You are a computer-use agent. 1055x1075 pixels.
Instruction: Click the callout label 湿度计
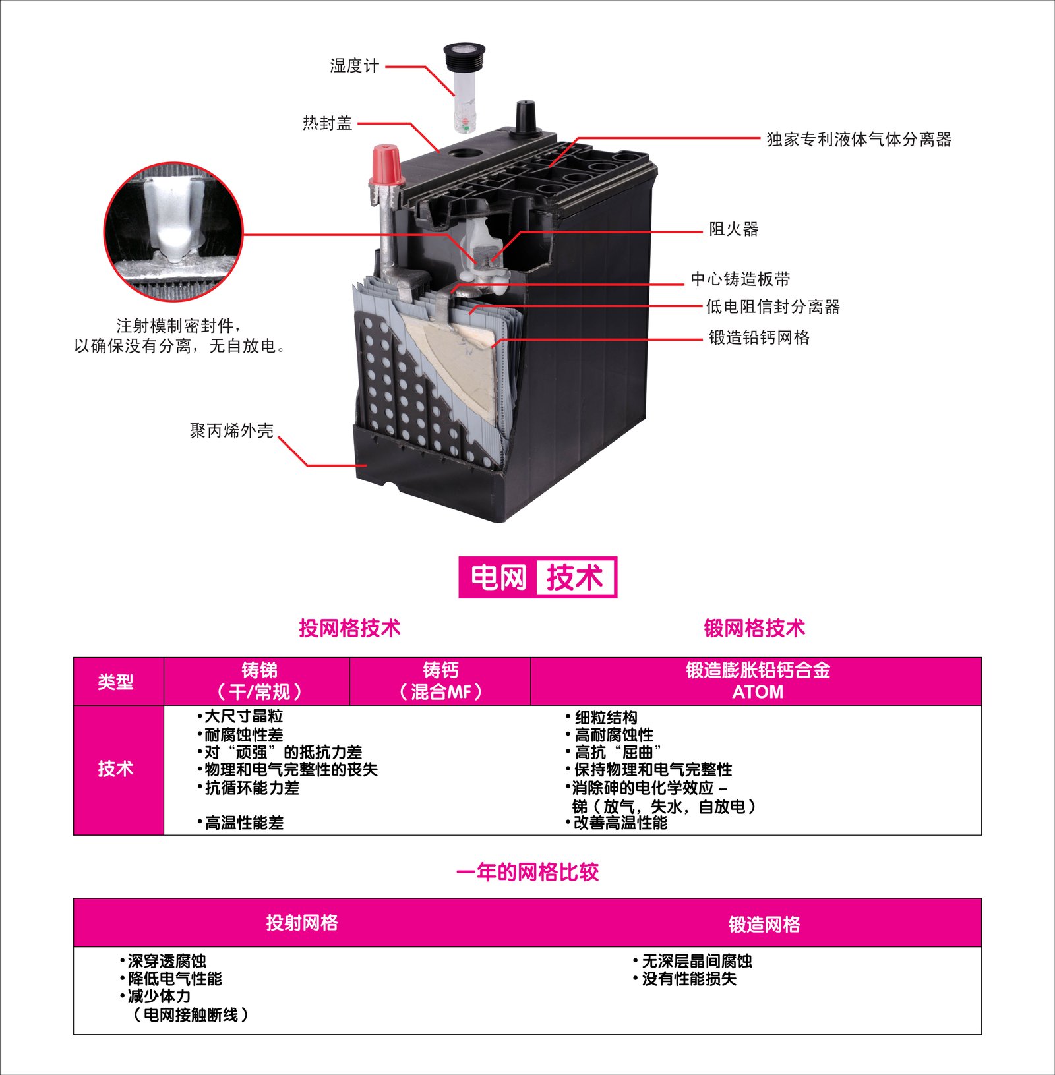coord(355,66)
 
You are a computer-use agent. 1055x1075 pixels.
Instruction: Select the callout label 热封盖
coord(328,123)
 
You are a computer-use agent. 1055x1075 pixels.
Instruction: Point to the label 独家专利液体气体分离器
coord(859,140)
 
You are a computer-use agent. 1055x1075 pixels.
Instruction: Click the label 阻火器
coord(734,229)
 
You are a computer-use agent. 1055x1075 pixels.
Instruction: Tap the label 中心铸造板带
coord(740,279)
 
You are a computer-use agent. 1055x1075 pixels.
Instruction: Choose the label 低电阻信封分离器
coord(773,307)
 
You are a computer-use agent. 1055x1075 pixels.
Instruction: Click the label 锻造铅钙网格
coord(759,338)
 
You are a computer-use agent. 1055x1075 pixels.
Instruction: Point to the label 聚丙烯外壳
coord(231,431)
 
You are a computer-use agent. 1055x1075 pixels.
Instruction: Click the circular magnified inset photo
coord(174,232)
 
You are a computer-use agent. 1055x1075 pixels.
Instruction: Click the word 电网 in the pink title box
coord(498,578)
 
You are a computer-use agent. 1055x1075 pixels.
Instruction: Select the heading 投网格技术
coord(349,628)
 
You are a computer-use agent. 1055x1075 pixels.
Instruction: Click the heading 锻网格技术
coord(754,628)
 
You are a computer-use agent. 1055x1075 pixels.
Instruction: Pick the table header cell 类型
coord(116,682)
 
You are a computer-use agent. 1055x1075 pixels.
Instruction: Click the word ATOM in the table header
coord(758,692)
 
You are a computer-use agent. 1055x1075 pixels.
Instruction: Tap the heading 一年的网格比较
coord(527,873)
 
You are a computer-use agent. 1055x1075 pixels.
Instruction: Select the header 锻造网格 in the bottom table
coord(764,925)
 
